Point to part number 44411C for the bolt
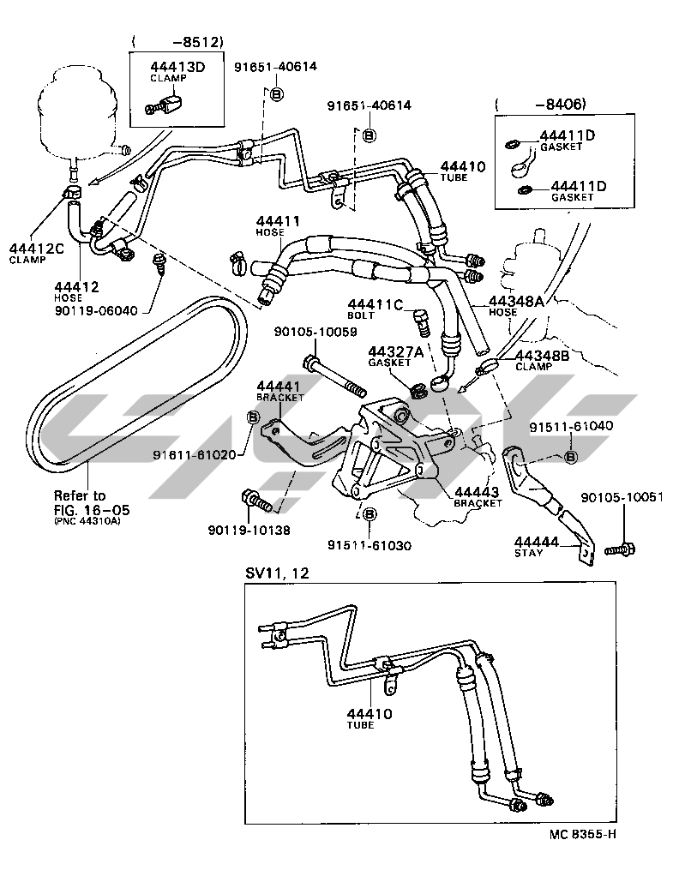[376, 303]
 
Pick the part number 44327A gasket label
[397, 351]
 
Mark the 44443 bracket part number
[478, 492]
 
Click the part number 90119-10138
[249, 530]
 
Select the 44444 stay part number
[537, 542]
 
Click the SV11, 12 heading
[277, 573]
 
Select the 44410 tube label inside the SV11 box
[370, 713]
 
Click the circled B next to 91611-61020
[253, 417]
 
